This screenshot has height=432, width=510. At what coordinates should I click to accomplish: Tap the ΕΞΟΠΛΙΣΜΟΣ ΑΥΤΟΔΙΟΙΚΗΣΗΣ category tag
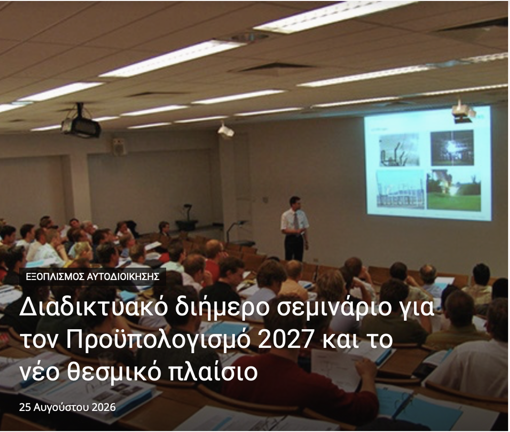93,277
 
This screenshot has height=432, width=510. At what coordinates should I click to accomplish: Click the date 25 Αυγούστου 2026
67,407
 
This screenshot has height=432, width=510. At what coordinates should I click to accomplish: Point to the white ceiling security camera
226,130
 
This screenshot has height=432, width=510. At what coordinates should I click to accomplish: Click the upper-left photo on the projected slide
399,150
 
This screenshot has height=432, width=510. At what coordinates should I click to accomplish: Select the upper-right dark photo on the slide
452,148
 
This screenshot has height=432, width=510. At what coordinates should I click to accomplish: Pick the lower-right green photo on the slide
454,189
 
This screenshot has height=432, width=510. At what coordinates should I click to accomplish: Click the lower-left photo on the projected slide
400,189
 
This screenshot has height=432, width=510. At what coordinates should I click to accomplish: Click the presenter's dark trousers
294,247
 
